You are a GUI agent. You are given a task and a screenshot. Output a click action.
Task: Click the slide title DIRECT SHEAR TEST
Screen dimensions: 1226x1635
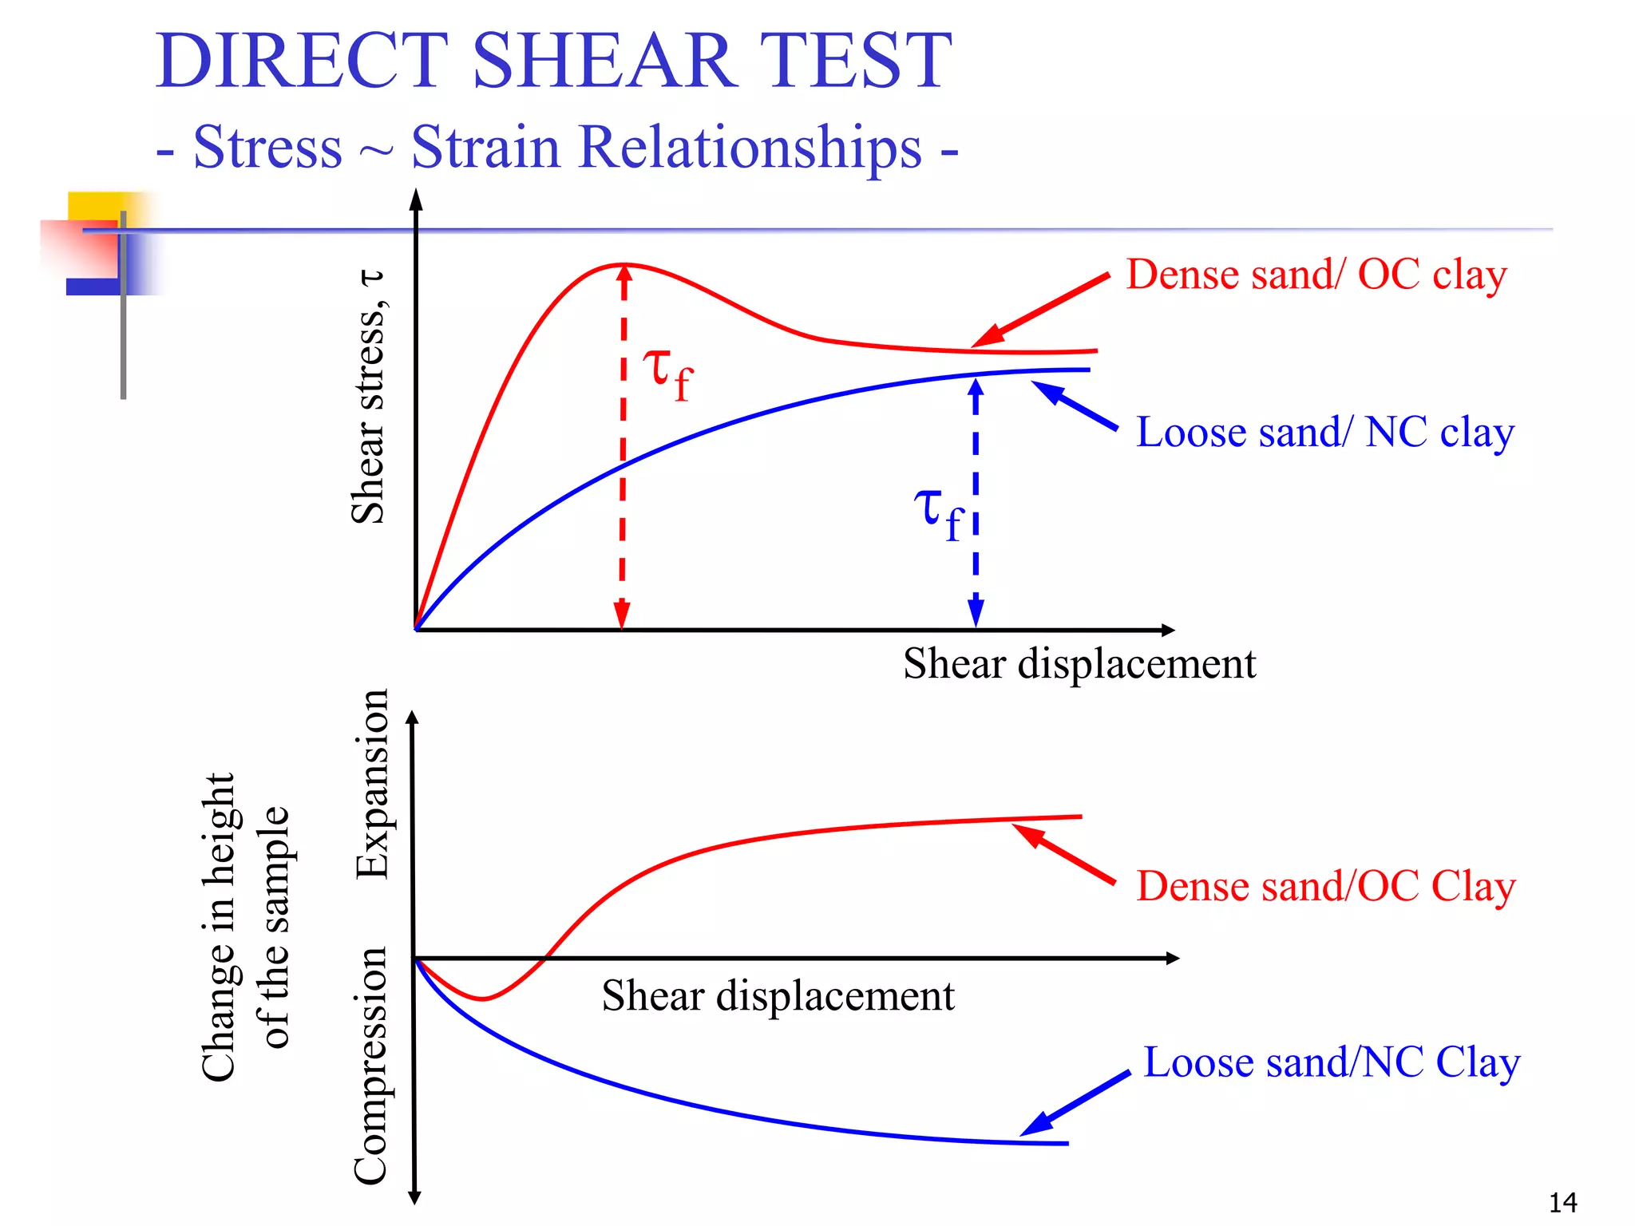coord(553,61)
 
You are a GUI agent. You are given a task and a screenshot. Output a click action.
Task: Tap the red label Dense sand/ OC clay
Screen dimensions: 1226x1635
coord(1316,275)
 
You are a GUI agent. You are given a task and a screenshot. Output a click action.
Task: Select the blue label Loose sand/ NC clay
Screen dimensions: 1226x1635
coord(1324,433)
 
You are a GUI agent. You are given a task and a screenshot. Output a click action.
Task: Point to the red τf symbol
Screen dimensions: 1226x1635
coord(668,373)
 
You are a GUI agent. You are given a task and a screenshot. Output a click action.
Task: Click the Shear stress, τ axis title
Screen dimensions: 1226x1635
coord(368,397)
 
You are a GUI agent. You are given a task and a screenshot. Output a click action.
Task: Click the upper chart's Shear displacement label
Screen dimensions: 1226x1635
coord(1079,664)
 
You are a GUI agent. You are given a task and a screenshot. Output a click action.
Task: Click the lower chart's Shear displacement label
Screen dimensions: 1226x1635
coord(778,996)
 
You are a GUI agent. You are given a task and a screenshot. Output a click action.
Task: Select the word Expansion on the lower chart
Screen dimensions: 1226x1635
coord(372,784)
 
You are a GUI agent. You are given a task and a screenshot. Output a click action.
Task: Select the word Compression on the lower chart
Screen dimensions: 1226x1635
coord(370,1066)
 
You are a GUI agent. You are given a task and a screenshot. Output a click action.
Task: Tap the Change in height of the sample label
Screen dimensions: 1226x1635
coord(244,927)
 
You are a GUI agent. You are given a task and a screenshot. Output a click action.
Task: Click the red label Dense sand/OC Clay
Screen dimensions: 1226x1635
coord(1325,887)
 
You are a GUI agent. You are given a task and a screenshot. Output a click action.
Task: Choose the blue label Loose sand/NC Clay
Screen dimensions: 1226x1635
coord(1331,1063)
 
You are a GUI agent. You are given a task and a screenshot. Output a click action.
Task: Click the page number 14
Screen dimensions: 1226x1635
coord(1562,1202)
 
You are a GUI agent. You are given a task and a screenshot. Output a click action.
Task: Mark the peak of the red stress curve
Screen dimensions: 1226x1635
coord(623,264)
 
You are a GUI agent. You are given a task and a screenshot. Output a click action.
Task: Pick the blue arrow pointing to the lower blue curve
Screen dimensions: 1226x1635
coord(1075,1105)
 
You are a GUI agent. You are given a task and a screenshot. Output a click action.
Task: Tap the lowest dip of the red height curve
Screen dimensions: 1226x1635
coord(483,999)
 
